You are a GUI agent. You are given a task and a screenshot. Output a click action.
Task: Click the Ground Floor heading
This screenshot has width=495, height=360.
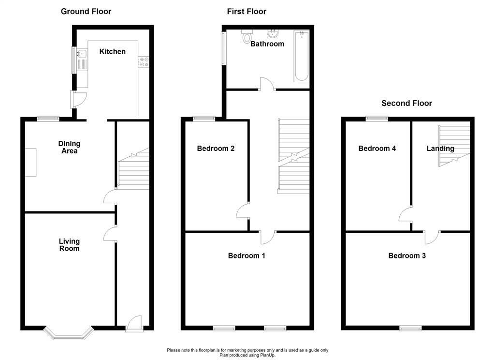[x=86, y=11]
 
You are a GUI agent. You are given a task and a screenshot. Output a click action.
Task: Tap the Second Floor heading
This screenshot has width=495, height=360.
[x=407, y=103]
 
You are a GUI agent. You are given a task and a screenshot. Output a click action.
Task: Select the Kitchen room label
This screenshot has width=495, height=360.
[x=112, y=51]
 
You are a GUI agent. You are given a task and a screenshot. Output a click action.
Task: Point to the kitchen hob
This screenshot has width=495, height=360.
[x=144, y=61]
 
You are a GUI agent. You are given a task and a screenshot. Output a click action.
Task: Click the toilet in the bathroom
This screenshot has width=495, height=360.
[x=248, y=36]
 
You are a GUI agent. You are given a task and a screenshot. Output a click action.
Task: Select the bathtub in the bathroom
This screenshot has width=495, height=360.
[x=301, y=56]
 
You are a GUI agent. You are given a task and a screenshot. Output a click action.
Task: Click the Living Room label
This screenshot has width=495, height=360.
[x=69, y=245]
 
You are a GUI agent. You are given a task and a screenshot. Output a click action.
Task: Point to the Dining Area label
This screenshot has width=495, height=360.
[x=69, y=147]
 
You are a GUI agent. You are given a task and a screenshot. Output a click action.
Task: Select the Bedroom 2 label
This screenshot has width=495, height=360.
[x=216, y=149]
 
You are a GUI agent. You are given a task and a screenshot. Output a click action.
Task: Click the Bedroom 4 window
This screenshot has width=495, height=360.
[x=377, y=118]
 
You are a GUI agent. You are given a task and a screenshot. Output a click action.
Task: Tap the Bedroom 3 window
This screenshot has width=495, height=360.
[x=410, y=329]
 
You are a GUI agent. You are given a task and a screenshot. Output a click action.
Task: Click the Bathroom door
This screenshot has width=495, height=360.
[x=267, y=84]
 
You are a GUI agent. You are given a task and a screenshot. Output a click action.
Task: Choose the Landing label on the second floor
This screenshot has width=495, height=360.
[x=440, y=149]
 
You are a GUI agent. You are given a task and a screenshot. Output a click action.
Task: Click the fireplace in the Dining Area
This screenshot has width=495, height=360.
[x=30, y=162]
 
